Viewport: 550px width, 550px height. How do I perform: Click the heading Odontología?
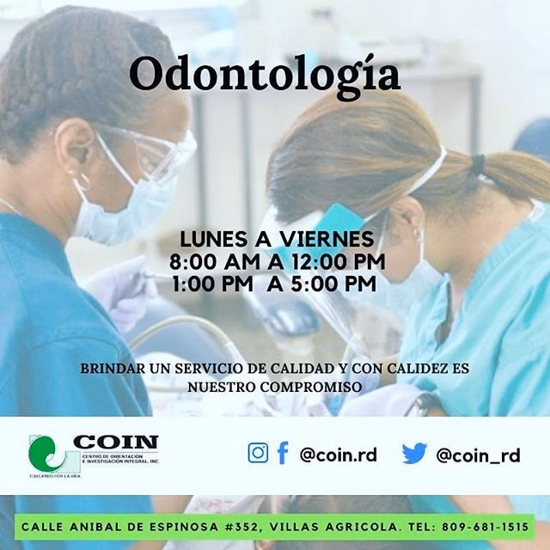265,75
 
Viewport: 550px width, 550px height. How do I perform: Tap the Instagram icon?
258,453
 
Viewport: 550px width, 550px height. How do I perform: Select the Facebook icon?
282,453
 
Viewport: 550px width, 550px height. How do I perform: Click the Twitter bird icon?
414,454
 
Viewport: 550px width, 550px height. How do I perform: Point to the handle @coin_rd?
477,455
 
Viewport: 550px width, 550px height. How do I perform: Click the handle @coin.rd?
338,455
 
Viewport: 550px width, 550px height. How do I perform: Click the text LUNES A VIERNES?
277,239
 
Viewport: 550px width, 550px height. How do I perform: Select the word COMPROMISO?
309,388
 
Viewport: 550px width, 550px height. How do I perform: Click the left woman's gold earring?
83,182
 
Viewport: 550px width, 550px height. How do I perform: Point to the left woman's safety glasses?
150,155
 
